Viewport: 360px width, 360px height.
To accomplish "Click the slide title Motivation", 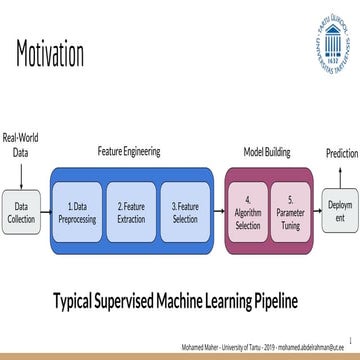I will tap(50, 52).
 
